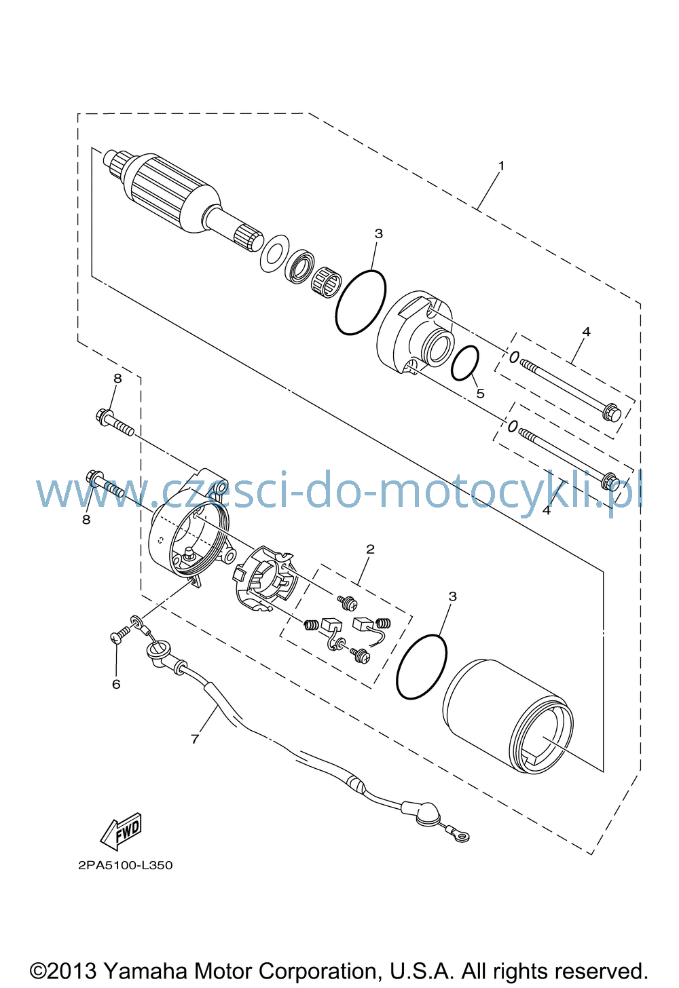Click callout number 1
coord(501,166)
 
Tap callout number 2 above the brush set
coord(370,549)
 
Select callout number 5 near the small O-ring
coord(480,393)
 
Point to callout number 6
coord(116,684)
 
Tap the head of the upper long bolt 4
coord(612,412)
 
